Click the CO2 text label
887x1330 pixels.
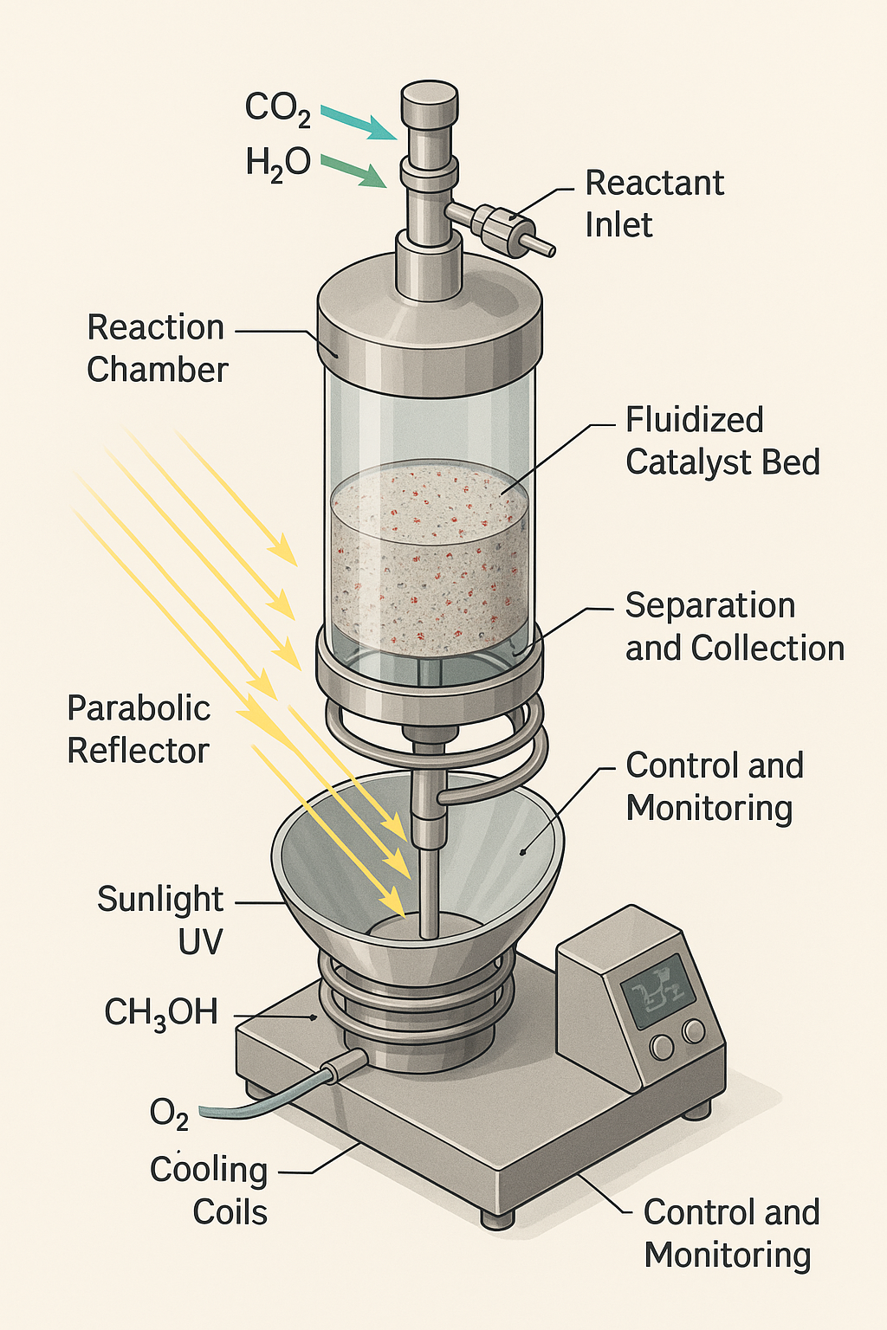click(277, 107)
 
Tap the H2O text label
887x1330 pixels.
click(277, 163)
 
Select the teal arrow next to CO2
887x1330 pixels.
click(357, 122)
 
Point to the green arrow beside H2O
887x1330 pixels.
click(353, 171)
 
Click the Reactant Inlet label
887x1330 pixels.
click(654, 203)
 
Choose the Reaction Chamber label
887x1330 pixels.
click(157, 348)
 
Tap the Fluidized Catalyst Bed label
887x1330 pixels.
click(722, 441)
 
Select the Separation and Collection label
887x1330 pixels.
click(734, 626)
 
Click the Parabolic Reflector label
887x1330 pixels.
click(139, 729)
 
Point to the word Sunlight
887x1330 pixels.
click(160, 899)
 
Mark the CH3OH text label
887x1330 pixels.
click(161, 1012)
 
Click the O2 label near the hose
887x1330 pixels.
click(169, 1114)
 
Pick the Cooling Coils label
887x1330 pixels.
click(209, 1191)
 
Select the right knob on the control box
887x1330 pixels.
click(693, 1030)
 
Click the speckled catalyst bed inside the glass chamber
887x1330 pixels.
click(429, 554)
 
